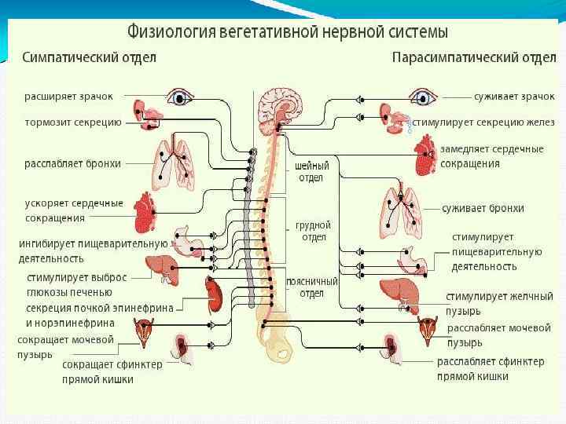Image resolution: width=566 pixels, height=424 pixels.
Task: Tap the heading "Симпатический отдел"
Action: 89,57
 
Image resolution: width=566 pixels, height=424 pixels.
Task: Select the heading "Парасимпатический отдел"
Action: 474,57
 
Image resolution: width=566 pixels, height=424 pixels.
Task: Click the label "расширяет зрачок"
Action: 68,96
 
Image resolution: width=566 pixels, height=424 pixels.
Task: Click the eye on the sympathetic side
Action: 182,97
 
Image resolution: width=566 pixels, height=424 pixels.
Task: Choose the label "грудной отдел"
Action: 312,231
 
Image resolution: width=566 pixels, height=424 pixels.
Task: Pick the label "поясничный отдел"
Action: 312,287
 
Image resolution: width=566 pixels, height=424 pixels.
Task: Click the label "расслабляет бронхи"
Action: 73,163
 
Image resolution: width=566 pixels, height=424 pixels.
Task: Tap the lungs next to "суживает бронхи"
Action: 401,208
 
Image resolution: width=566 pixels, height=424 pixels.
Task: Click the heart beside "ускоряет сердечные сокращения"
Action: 145,210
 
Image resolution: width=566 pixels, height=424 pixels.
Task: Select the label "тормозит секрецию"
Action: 72,122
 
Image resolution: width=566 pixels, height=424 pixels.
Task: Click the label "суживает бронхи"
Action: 482,208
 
